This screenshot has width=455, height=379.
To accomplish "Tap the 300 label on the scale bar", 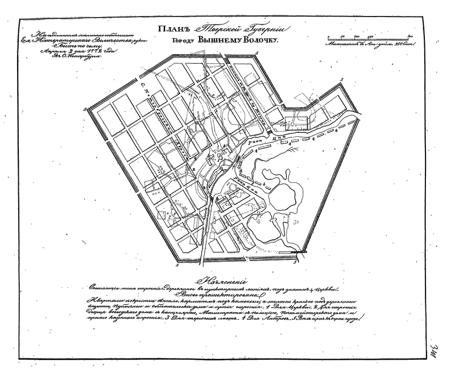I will [x=409, y=35].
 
